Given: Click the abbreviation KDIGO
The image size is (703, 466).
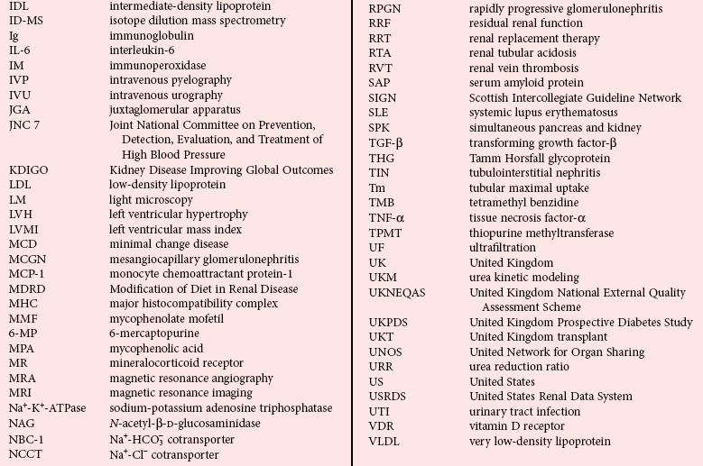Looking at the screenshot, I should [32, 169].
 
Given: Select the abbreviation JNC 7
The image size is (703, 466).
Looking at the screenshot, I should [24, 124].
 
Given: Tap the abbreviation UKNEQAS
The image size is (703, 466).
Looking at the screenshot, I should [402, 293].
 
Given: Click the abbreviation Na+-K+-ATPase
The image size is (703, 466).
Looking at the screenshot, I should [48, 408].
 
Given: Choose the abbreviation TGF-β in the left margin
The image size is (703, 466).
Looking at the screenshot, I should [386, 142].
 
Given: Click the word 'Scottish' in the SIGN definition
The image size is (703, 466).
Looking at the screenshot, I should [492, 98].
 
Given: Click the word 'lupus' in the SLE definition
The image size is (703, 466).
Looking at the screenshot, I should [529, 113].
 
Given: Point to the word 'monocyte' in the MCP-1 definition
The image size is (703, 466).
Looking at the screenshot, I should [134, 273].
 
